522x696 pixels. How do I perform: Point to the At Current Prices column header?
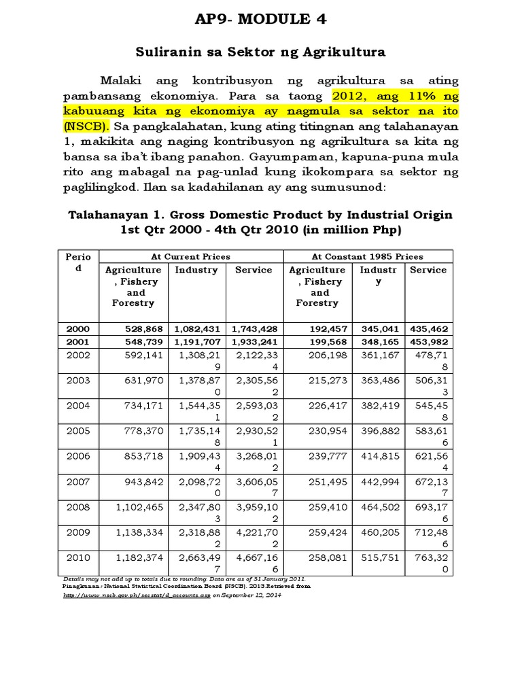click(x=192, y=256)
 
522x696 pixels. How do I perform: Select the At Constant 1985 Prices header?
click(x=367, y=256)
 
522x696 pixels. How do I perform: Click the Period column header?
click(x=77, y=262)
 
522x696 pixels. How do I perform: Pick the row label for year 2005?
click(x=78, y=431)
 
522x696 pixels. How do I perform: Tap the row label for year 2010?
click(x=78, y=557)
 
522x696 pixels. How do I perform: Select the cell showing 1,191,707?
click(x=196, y=341)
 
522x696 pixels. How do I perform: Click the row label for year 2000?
click(x=78, y=328)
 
